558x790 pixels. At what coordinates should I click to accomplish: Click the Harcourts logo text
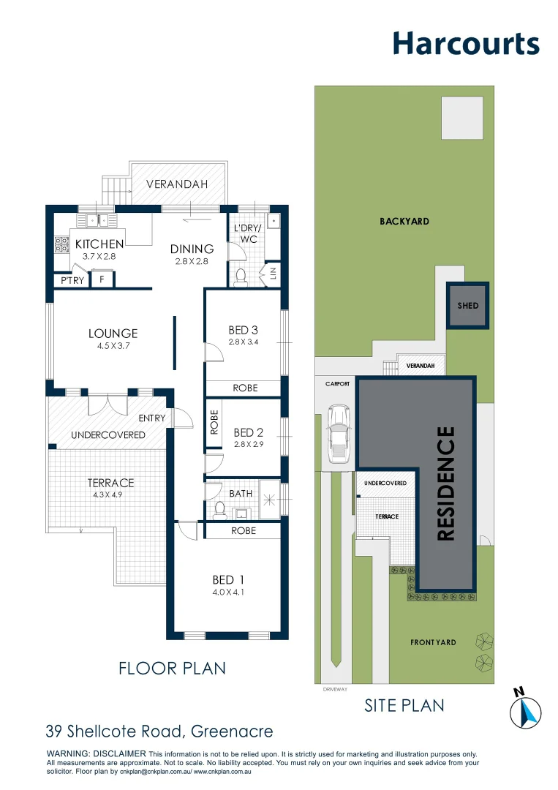coord(466,44)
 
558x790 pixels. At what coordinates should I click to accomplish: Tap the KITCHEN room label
coord(99,244)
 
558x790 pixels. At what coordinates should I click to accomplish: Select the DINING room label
coord(192,249)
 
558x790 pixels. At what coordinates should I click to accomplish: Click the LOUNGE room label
coord(113,334)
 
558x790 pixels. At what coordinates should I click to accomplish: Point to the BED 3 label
coord(244,331)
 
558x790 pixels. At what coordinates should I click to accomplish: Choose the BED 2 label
coord(244,432)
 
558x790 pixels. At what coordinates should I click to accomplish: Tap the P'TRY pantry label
coord(72,280)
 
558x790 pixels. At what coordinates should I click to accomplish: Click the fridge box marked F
coord(102,279)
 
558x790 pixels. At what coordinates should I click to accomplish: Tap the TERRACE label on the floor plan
coord(111,483)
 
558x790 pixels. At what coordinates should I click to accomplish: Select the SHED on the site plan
coord(468,305)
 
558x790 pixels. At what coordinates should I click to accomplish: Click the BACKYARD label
coord(404,221)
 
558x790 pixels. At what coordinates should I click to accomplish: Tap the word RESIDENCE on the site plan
coord(446,484)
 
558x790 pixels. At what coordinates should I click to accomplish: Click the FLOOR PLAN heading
coord(173,668)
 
